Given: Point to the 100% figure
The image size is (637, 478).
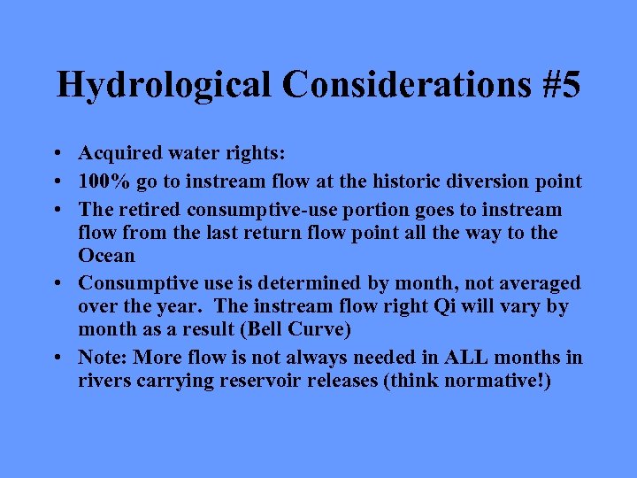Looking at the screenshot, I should (x=102, y=182).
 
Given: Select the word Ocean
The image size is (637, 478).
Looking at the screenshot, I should (x=107, y=256).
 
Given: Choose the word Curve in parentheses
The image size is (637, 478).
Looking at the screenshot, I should (x=295, y=329).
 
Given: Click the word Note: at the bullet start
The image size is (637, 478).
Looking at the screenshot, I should (x=103, y=358).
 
